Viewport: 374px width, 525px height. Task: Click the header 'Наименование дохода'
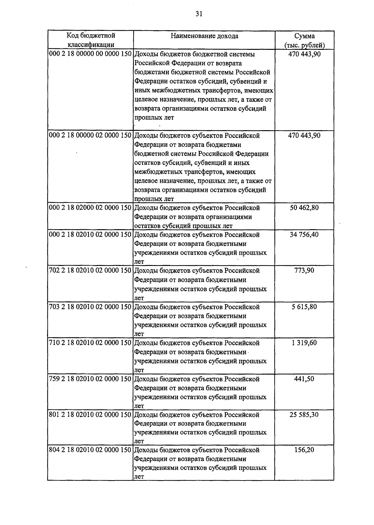click(x=204, y=36)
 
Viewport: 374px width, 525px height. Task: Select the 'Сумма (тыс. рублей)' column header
click(x=304, y=40)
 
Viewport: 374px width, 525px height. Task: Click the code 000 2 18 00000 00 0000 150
click(x=90, y=54)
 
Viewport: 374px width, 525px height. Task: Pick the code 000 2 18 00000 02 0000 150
click(x=90, y=136)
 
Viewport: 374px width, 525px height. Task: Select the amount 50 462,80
click(x=304, y=208)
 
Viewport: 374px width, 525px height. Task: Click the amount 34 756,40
click(x=304, y=234)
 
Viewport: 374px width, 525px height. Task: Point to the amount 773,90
click(x=304, y=271)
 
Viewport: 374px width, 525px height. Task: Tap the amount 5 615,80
click(x=304, y=307)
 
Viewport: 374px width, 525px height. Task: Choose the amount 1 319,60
click(x=304, y=343)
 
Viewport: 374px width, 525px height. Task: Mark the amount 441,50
click(x=304, y=379)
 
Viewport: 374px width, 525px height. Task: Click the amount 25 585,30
click(x=304, y=415)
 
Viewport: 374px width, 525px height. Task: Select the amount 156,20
click(x=304, y=450)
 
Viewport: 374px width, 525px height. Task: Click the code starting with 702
click(x=90, y=271)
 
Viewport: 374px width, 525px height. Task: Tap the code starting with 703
click(x=90, y=307)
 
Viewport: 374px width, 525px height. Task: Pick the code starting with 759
click(x=90, y=379)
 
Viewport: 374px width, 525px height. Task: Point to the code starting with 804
click(x=90, y=450)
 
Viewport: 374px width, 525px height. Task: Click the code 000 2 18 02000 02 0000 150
click(x=90, y=208)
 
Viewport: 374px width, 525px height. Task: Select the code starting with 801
click(x=90, y=415)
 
